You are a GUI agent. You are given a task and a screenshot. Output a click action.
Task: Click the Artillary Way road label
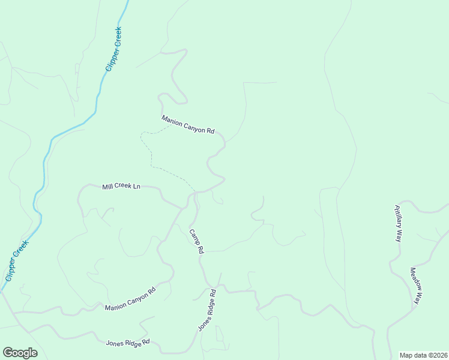398,223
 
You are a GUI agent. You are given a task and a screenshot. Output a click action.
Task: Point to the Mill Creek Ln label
121,187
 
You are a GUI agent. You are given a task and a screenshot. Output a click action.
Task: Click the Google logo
20,353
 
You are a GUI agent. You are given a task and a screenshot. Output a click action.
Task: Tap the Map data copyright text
424,355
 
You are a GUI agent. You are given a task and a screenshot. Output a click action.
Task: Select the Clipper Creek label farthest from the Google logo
113,49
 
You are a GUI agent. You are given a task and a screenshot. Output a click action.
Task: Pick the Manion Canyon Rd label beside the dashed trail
188,125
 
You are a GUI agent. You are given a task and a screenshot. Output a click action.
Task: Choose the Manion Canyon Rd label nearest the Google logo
130,299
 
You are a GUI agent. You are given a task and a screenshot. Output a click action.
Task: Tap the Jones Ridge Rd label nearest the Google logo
128,344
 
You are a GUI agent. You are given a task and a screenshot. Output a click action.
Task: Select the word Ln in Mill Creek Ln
136,187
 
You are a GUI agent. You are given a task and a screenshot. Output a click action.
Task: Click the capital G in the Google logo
8,352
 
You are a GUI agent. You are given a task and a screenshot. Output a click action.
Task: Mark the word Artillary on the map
397,219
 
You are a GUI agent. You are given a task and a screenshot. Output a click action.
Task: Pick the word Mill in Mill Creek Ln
107,187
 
